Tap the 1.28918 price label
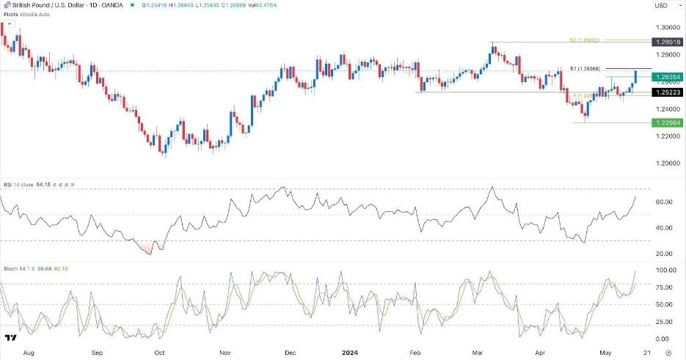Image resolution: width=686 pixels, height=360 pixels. (665, 43)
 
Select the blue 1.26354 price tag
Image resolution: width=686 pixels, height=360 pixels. (665, 76)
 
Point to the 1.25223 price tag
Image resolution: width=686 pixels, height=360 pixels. (665, 92)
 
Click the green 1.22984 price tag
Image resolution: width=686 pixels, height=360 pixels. (665, 123)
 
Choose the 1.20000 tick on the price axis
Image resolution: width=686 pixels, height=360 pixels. (665, 164)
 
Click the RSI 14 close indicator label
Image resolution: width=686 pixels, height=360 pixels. (22, 183)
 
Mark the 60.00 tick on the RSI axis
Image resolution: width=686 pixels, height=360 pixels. (664, 202)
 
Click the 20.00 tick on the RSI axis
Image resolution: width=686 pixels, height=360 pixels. (664, 254)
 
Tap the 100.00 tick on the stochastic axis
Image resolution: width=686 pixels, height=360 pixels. (664, 271)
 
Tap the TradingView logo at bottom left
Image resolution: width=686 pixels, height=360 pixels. (10, 338)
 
